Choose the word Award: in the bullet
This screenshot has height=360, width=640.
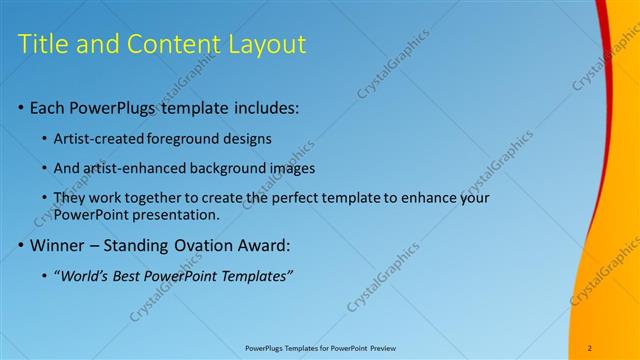click(x=288, y=244)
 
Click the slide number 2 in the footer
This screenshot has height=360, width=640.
click(x=590, y=348)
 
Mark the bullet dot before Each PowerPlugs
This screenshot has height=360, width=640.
click(x=21, y=108)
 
